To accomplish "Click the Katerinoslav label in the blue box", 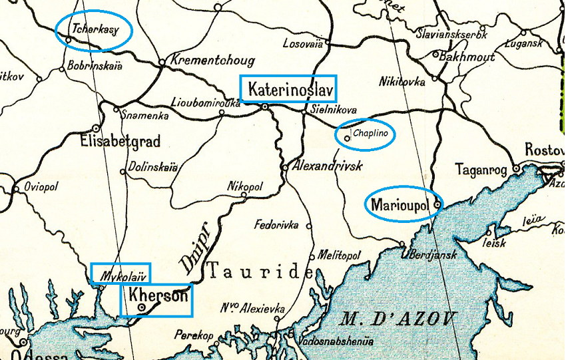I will coord(289,89).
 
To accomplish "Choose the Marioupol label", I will coord(399,204).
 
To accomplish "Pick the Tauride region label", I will coord(260,271).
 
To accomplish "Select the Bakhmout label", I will coord(465,57).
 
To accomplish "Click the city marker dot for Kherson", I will coord(141,307).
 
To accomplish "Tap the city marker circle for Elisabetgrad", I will coord(97,128).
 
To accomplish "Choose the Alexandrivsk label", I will coord(326,166).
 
